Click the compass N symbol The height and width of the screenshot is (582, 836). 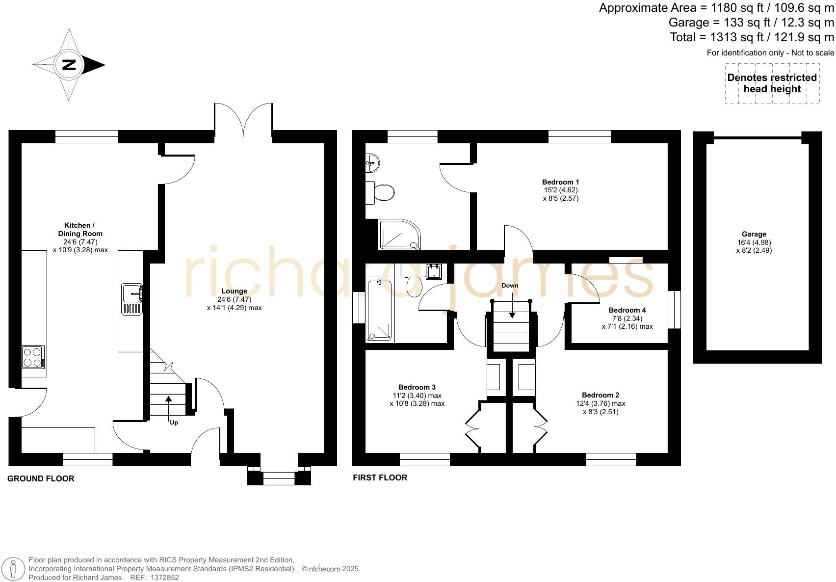tap(69, 65)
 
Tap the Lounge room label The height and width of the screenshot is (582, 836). tap(234, 291)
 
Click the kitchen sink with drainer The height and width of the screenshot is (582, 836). tap(132, 299)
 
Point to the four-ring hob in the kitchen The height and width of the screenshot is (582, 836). tap(33, 357)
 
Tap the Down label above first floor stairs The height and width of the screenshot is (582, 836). tap(510, 285)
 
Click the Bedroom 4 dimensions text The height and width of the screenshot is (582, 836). tap(627, 322)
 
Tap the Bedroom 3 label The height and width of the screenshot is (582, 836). tap(417, 387)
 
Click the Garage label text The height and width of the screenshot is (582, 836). tap(754, 234)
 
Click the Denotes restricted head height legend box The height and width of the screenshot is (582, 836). tap(772, 83)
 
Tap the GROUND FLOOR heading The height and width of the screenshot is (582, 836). tap(41, 478)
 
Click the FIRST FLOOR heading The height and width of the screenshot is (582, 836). tap(380, 477)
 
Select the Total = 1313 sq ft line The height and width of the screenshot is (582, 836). tap(752, 37)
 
